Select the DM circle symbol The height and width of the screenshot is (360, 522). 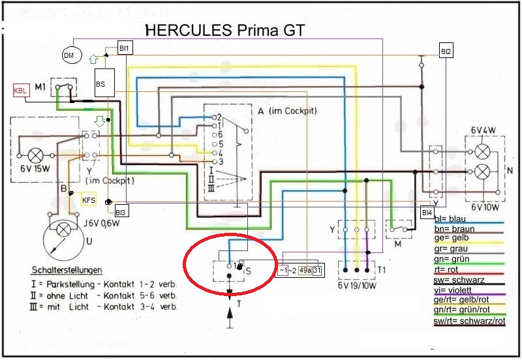[x=69, y=56]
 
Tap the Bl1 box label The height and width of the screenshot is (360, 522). [x=124, y=48]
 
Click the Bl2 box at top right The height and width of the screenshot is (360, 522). [x=446, y=52]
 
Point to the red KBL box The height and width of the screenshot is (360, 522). [x=20, y=91]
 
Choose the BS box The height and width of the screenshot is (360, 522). [x=100, y=83]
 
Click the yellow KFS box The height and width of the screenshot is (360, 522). [x=89, y=200]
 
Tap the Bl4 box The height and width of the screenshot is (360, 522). [x=427, y=213]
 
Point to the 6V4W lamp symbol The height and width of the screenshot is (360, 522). [x=483, y=151]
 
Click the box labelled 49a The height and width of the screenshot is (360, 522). [x=305, y=271]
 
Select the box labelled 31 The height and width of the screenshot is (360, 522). [x=316, y=271]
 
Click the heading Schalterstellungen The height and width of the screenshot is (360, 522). [x=70, y=270]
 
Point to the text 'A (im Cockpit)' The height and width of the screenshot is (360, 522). [x=287, y=111]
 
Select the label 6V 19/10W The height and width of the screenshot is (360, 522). [x=356, y=286]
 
